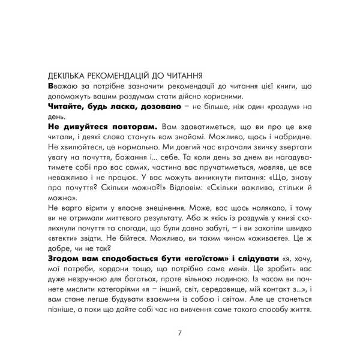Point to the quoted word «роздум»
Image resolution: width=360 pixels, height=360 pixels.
tap(280, 107)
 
